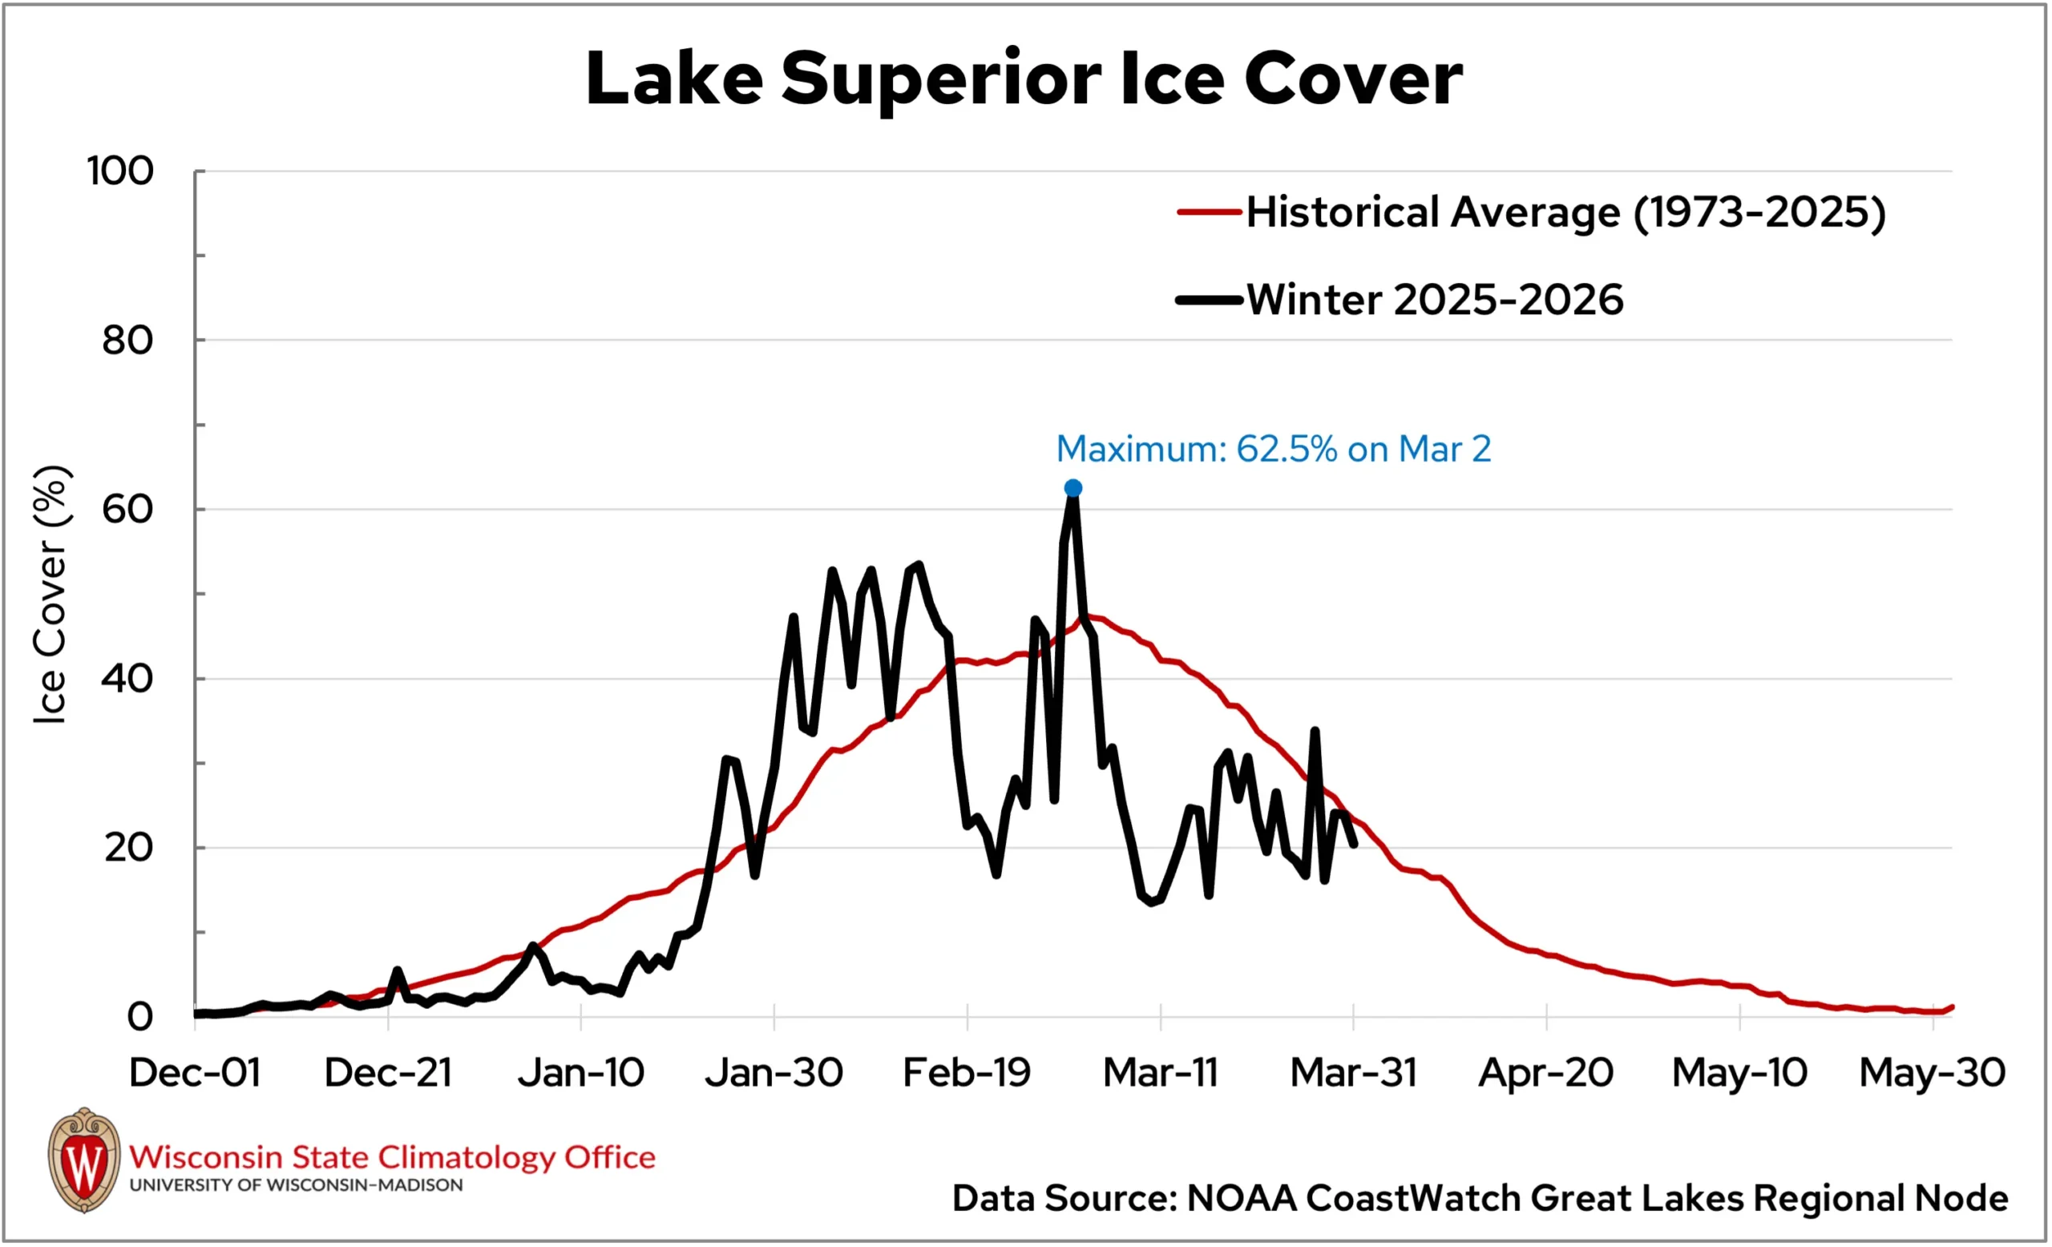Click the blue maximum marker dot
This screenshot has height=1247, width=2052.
click(1072, 488)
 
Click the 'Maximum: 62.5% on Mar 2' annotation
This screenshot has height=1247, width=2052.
click(1273, 450)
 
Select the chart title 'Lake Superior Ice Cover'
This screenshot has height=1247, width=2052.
click(1024, 79)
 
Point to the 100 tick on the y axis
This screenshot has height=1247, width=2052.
click(121, 172)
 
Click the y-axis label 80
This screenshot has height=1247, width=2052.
click(127, 341)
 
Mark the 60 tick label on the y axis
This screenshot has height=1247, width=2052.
click(127, 510)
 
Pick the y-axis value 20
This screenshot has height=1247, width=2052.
click(128, 847)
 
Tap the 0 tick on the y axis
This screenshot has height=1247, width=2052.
click(140, 1016)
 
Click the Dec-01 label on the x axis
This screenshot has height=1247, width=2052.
click(195, 1073)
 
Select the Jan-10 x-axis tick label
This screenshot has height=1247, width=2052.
click(580, 1073)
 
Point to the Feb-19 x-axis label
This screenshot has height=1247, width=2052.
click(967, 1073)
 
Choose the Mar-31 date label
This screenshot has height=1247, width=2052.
click(1353, 1073)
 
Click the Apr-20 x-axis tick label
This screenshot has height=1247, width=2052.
click(1545, 1073)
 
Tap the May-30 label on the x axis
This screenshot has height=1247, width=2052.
click(1932, 1073)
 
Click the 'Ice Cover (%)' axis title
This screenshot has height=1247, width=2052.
click(50, 595)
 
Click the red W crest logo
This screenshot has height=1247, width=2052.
click(84, 1160)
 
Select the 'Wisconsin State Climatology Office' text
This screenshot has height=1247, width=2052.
click(392, 1157)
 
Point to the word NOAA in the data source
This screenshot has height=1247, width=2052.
click(1241, 1199)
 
